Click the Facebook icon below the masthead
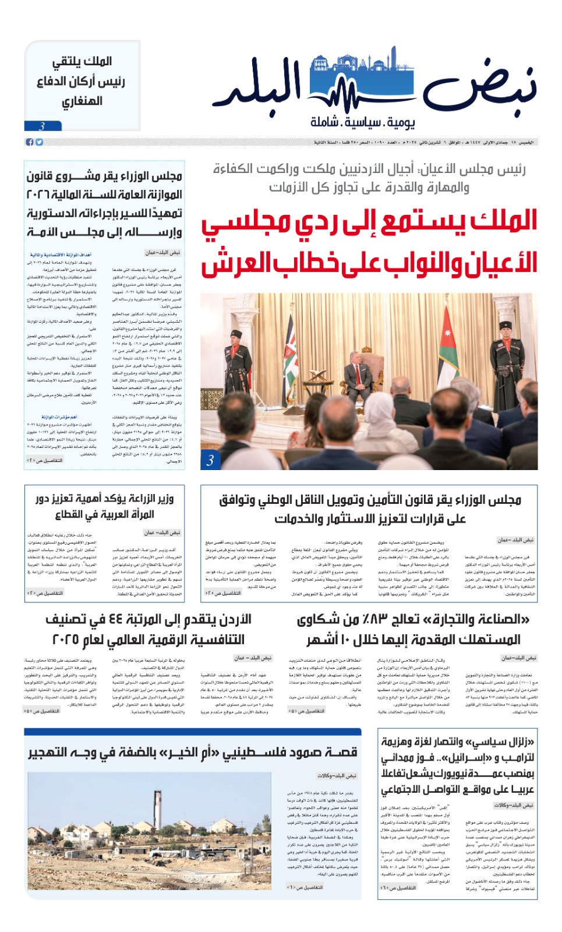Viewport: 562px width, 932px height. [x=30, y=142]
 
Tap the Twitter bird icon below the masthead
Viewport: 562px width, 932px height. [x=39, y=142]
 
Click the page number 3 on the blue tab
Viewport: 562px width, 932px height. [x=42, y=126]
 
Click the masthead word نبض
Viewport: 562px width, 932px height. [x=479, y=87]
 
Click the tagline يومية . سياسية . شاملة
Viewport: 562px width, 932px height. [x=362, y=122]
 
